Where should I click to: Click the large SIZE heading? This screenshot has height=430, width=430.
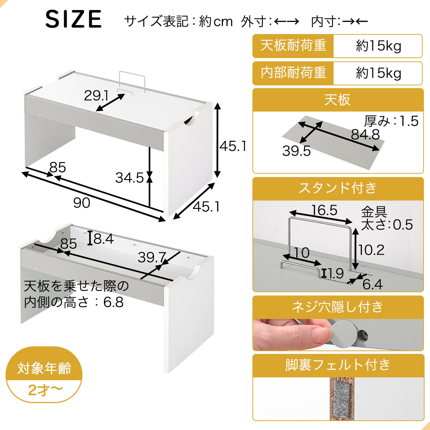pos(73,19)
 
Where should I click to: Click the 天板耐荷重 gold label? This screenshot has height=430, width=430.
pos(293,46)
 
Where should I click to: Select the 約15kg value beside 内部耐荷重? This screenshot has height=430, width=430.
pos(378,73)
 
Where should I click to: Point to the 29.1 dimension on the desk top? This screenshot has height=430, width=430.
pos(96,96)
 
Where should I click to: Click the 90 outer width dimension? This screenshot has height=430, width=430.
pos(82,203)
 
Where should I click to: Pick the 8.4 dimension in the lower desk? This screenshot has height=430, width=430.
pos(104,239)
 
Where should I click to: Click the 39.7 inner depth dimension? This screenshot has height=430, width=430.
pos(152,257)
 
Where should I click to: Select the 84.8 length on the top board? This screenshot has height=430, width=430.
pos(365,134)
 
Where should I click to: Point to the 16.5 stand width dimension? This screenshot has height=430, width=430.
pos(324,210)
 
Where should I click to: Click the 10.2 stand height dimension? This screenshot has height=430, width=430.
pos(371,250)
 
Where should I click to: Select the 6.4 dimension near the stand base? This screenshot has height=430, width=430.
pos(372,285)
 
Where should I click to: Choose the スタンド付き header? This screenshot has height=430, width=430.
pos(338,188)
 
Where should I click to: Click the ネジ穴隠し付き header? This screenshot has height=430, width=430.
pos(338,307)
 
